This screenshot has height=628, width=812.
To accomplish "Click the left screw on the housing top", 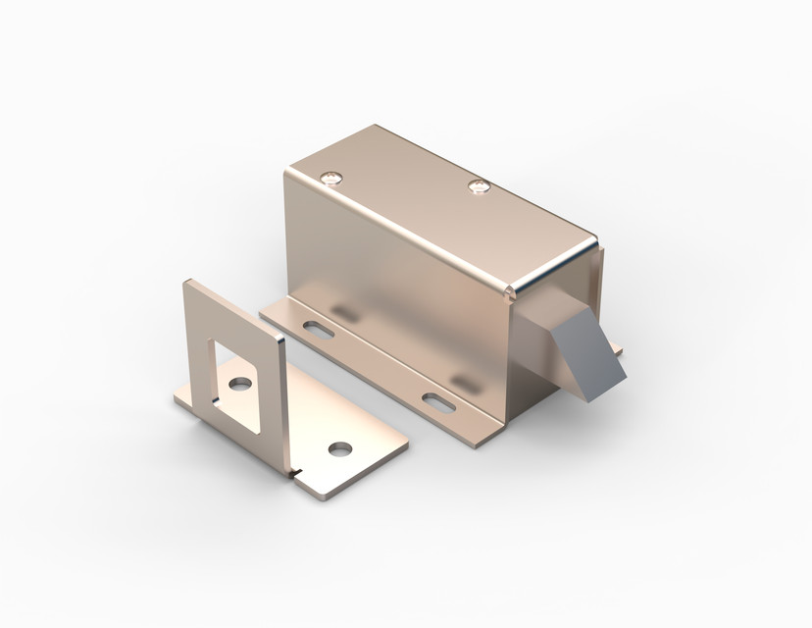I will [334, 178].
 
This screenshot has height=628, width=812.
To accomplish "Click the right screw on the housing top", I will [479, 185].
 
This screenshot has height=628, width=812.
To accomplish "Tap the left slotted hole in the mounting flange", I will [318, 330].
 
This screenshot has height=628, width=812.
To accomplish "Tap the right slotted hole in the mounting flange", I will [437, 400].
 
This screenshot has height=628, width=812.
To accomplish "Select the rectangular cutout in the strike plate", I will [234, 369].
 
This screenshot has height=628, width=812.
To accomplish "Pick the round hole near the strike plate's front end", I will [339, 448].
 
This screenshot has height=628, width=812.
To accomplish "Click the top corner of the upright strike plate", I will [189, 283].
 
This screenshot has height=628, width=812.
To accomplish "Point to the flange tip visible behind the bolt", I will [615, 348].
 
